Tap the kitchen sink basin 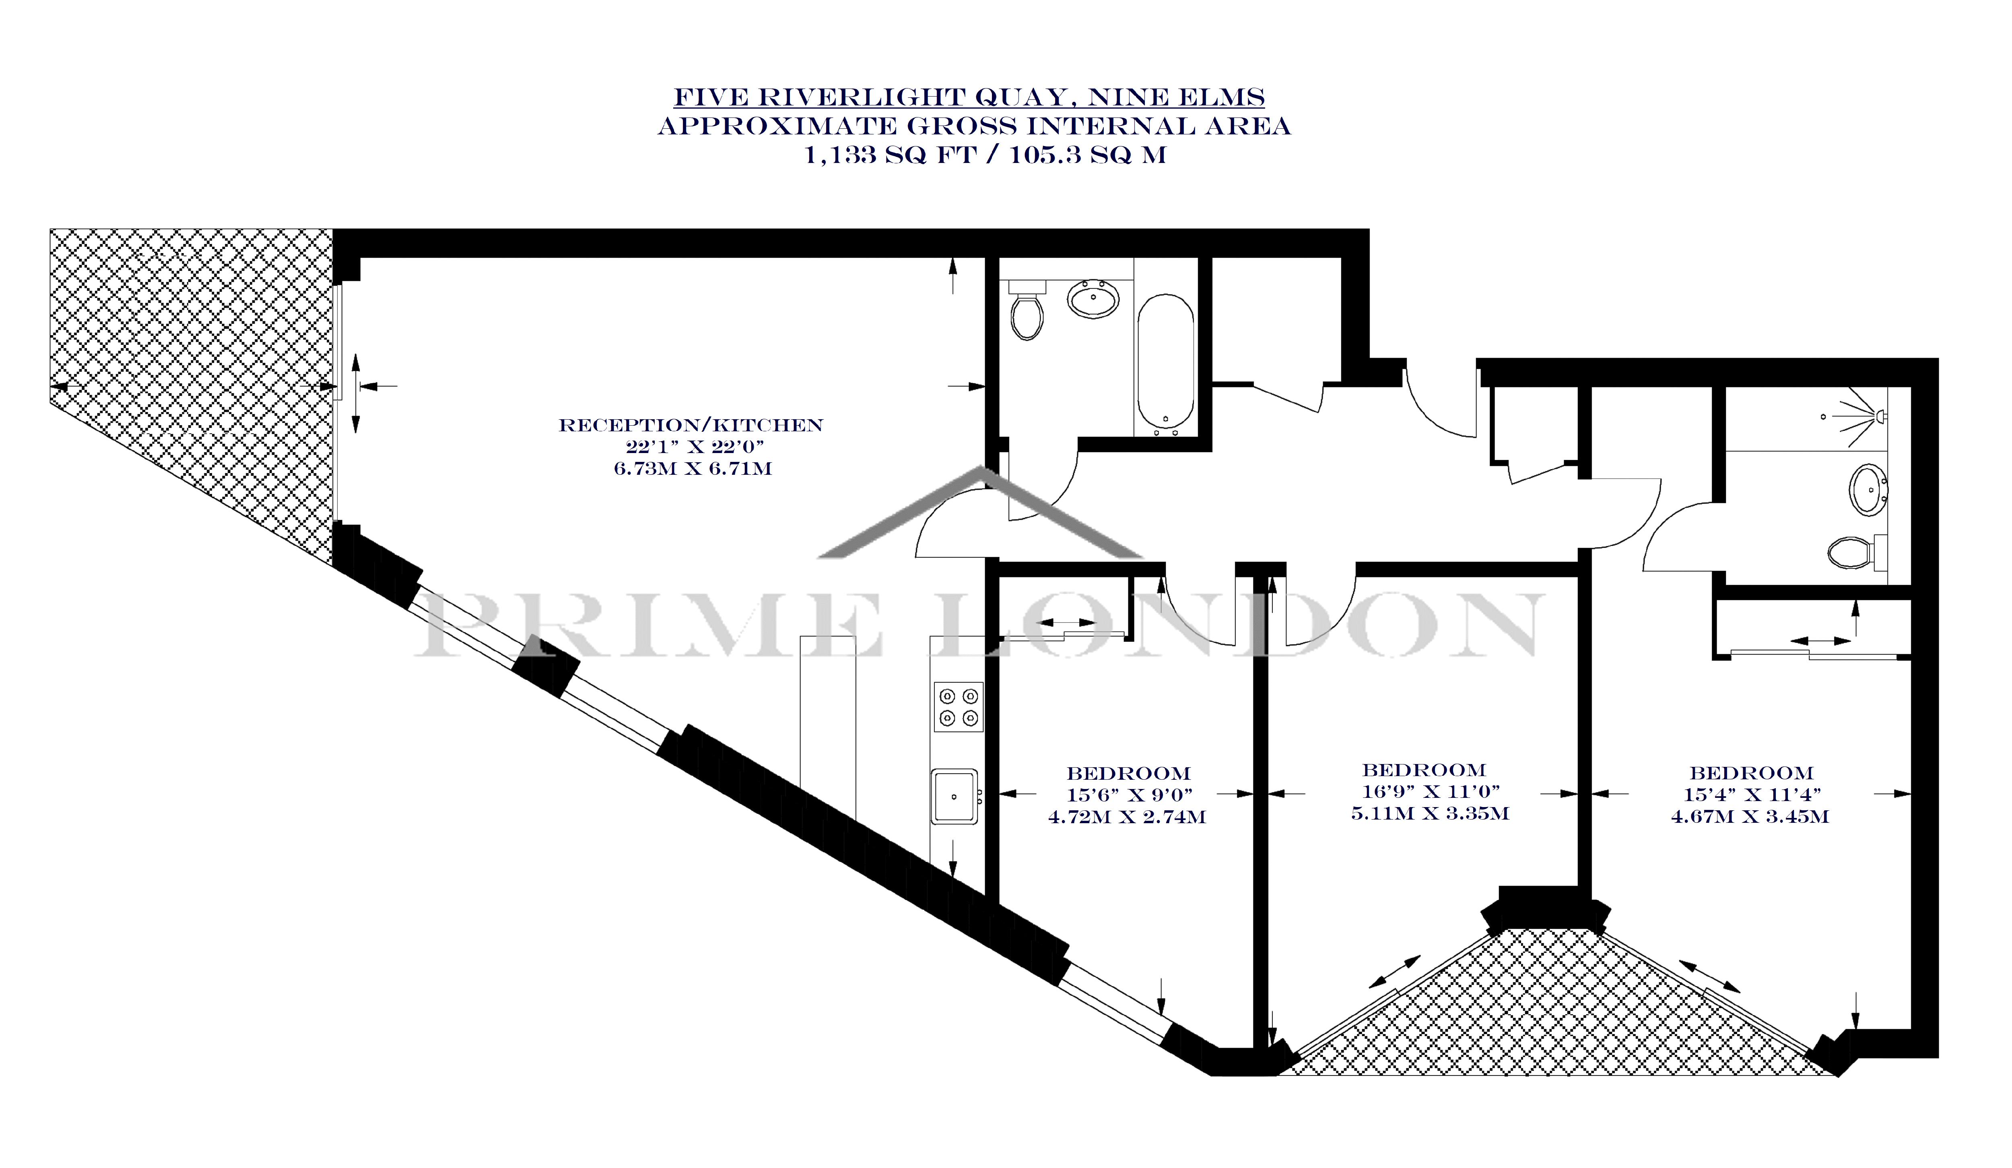954,796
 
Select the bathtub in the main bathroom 1166,363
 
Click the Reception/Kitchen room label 691,426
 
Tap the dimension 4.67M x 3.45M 1750,817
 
